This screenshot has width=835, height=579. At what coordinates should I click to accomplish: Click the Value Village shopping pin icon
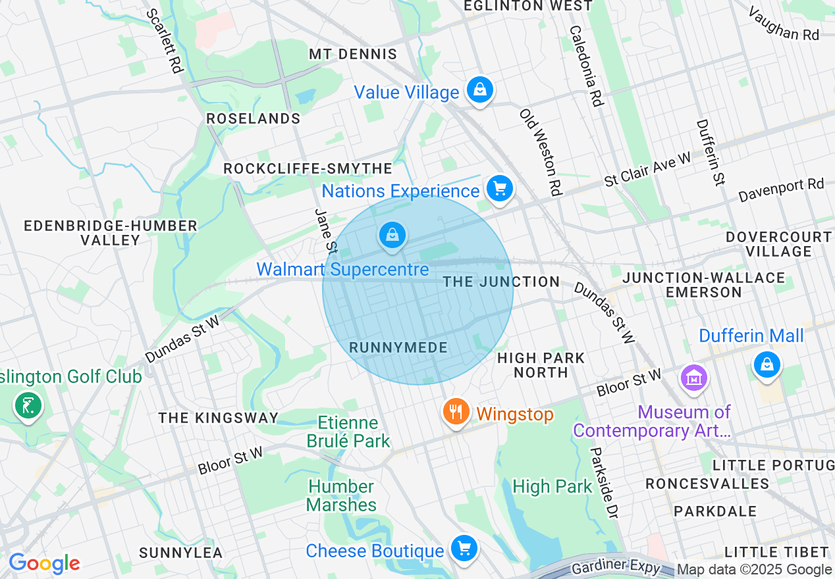pyautogui.click(x=480, y=89)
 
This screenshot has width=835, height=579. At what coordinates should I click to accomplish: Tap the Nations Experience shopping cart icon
pyautogui.click(x=500, y=189)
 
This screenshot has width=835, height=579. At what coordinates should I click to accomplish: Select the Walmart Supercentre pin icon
pyautogui.click(x=392, y=235)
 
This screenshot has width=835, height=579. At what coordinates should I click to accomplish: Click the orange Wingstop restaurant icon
pyautogui.click(x=456, y=412)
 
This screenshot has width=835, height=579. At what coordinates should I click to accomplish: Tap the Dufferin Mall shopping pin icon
pyautogui.click(x=767, y=363)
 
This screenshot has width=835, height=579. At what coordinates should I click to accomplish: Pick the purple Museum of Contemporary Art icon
pyautogui.click(x=695, y=378)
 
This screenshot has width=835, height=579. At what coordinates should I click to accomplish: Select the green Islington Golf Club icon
pyautogui.click(x=28, y=405)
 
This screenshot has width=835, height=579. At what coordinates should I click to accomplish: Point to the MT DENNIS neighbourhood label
pyautogui.click(x=353, y=54)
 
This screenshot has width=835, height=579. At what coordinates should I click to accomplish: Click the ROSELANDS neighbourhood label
pyautogui.click(x=254, y=118)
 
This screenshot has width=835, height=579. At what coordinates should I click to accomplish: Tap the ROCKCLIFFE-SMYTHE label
pyautogui.click(x=308, y=168)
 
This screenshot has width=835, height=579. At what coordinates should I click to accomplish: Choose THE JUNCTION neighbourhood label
pyautogui.click(x=501, y=282)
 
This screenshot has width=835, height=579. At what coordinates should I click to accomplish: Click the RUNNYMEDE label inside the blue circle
pyautogui.click(x=398, y=347)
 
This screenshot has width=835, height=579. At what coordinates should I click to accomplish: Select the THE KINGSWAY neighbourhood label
pyautogui.click(x=219, y=418)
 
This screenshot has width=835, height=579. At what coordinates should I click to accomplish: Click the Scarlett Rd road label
pyautogui.click(x=165, y=40)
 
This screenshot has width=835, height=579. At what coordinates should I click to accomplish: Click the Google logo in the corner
pyautogui.click(x=44, y=563)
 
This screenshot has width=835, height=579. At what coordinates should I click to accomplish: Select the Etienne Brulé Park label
pyautogui.click(x=348, y=432)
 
